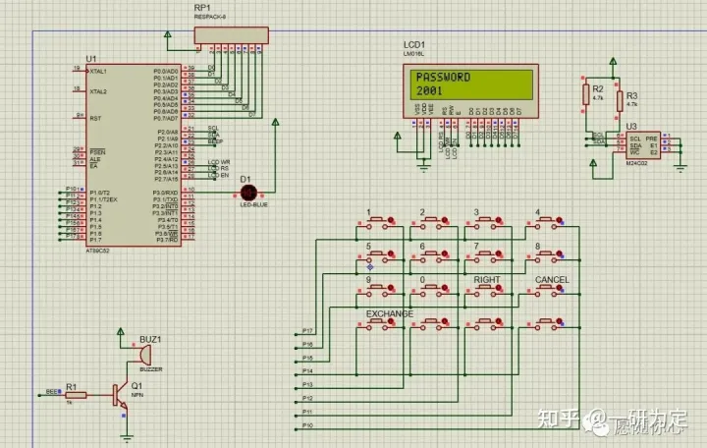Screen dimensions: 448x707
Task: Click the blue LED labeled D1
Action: click(x=247, y=191)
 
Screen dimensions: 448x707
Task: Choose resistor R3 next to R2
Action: click(x=620, y=100)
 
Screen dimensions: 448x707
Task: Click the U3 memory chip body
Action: click(x=642, y=143)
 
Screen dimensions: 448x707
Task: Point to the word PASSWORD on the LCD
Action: click(x=443, y=78)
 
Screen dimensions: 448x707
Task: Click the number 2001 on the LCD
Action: click(x=429, y=90)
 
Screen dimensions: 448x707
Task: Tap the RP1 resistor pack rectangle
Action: click(x=231, y=35)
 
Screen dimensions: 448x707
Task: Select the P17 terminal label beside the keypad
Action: click(x=307, y=331)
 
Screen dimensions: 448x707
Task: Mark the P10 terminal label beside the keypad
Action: click(x=307, y=425)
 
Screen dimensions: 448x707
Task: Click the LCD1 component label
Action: click(x=413, y=46)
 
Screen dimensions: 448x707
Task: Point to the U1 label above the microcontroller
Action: click(x=91, y=60)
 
